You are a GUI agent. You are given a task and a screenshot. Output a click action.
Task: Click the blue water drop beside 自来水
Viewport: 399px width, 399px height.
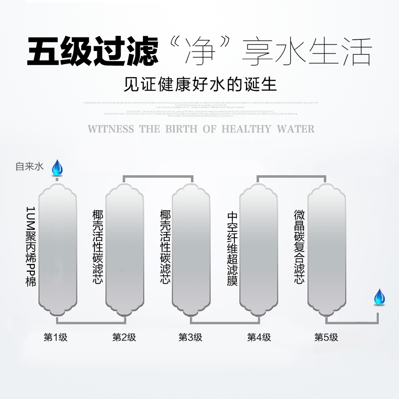coord(57,167)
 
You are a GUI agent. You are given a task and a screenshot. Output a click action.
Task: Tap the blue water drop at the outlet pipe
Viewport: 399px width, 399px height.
coord(379,297)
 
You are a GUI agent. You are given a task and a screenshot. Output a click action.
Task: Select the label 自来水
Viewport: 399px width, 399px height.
coord(30,166)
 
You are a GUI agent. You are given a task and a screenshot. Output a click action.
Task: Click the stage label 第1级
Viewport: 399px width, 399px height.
coord(56,337)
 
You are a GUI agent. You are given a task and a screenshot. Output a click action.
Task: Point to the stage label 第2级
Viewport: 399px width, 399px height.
coord(124,337)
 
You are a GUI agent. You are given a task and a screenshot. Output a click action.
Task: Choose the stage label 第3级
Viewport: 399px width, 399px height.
coord(191,337)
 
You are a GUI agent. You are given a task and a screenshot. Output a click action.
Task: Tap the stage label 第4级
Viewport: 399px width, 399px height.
coord(259,337)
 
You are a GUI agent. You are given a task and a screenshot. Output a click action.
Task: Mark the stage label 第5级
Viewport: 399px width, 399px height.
coord(326,337)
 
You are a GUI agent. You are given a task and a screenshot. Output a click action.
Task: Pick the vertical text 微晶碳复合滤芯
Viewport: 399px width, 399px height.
coord(300,247)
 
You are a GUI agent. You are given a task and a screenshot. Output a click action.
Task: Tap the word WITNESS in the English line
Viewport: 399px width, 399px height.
coord(112,129)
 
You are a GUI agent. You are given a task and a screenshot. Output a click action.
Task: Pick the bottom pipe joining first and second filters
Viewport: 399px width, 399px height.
coord(91,322)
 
